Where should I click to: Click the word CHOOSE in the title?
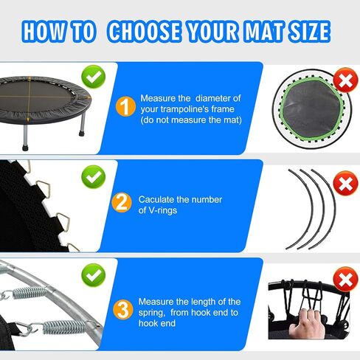tap(144, 31)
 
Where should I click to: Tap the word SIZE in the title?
tap(309, 31)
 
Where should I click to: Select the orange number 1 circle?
tap(125, 106)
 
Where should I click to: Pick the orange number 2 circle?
tap(122, 203)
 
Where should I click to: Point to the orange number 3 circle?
tap(123, 310)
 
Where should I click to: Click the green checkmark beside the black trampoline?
tap(94, 77)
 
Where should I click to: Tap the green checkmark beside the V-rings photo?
tap(94, 177)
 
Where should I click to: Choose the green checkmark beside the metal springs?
tap(94, 275)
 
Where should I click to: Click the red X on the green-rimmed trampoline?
tap(345, 80)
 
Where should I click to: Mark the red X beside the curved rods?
tap(345, 183)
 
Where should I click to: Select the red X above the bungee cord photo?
tap(345, 280)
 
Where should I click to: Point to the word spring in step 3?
tap(151, 313)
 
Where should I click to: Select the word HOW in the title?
tap(46, 31)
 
